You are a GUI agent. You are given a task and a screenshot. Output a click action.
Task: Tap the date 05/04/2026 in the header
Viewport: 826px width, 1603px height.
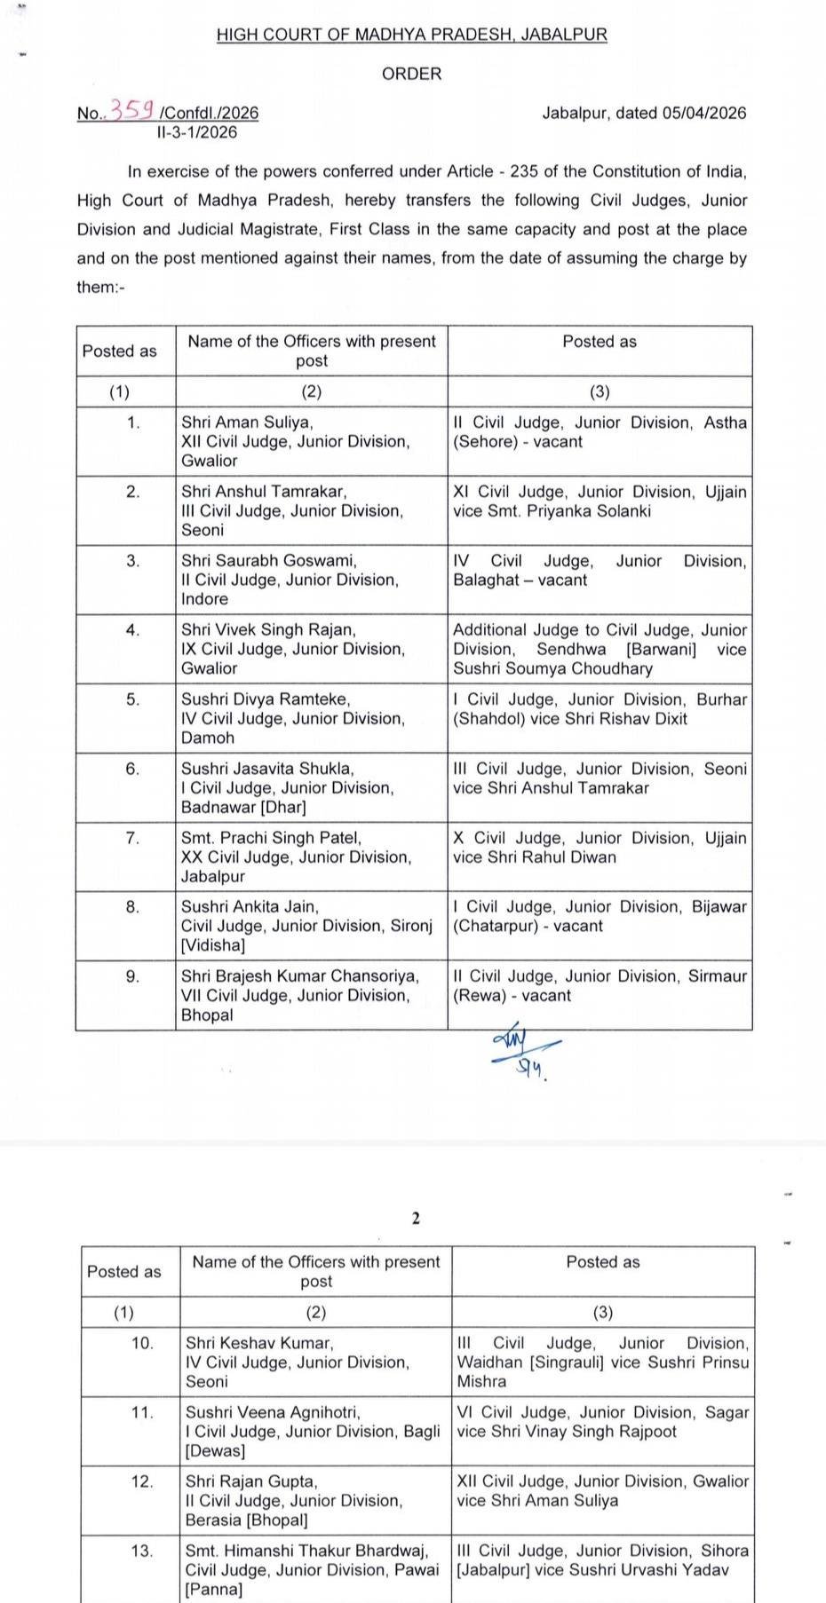point(703,113)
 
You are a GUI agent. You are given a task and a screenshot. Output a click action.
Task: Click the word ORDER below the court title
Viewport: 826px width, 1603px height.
point(411,74)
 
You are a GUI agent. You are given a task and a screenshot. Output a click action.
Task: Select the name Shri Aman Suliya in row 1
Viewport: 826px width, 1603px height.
point(247,422)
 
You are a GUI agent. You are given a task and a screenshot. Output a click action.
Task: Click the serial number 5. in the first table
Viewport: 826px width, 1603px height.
point(132,699)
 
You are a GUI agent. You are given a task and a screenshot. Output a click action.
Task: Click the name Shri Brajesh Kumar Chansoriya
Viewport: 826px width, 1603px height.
point(300,975)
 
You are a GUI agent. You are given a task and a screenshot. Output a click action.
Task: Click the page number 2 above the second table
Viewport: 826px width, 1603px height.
point(415,1218)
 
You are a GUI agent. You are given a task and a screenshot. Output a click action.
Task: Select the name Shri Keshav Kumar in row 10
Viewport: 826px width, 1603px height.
point(258,1343)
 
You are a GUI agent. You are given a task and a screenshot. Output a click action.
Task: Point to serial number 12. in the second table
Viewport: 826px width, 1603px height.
point(142,1481)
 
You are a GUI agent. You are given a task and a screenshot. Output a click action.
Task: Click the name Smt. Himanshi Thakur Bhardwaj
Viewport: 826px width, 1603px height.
point(306,1551)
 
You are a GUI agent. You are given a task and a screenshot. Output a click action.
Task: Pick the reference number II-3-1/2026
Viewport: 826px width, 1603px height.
point(196,132)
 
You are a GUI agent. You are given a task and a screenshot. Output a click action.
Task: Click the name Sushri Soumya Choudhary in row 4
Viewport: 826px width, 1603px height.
point(552,668)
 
